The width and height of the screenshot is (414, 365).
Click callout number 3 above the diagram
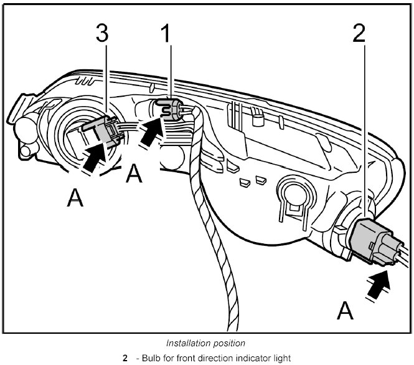[x=101, y=34]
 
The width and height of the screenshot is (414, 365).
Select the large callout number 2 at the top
[x=359, y=34]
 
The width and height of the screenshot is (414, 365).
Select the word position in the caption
[x=229, y=343]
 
